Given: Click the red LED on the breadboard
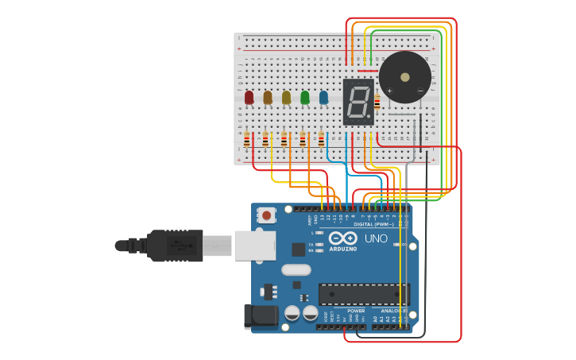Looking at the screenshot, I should pyautogui.click(x=249, y=97).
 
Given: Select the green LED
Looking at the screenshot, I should pyautogui.click(x=305, y=97).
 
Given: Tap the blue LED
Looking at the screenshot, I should pyautogui.click(x=323, y=97).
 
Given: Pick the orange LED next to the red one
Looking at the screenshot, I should pyautogui.click(x=268, y=97).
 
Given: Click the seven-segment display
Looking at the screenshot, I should pyautogui.click(x=358, y=103).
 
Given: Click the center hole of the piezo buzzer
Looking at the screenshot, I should pyautogui.click(x=405, y=77).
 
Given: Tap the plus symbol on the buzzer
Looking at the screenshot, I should pyautogui.click(x=389, y=91).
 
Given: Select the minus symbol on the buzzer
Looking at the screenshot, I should pyautogui.click(x=420, y=91).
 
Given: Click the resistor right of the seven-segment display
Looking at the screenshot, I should pyautogui.click(x=377, y=101).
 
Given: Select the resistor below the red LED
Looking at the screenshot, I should pyautogui.click(x=246, y=141).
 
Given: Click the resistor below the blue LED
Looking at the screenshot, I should pyautogui.click(x=321, y=139).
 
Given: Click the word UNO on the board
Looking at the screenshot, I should pyautogui.click(x=376, y=238).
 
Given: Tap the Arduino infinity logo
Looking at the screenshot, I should pyautogui.click(x=344, y=238).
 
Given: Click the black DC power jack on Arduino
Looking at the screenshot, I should pyautogui.click(x=259, y=315).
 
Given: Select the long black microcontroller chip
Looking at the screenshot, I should pyautogui.click(x=364, y=294).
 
